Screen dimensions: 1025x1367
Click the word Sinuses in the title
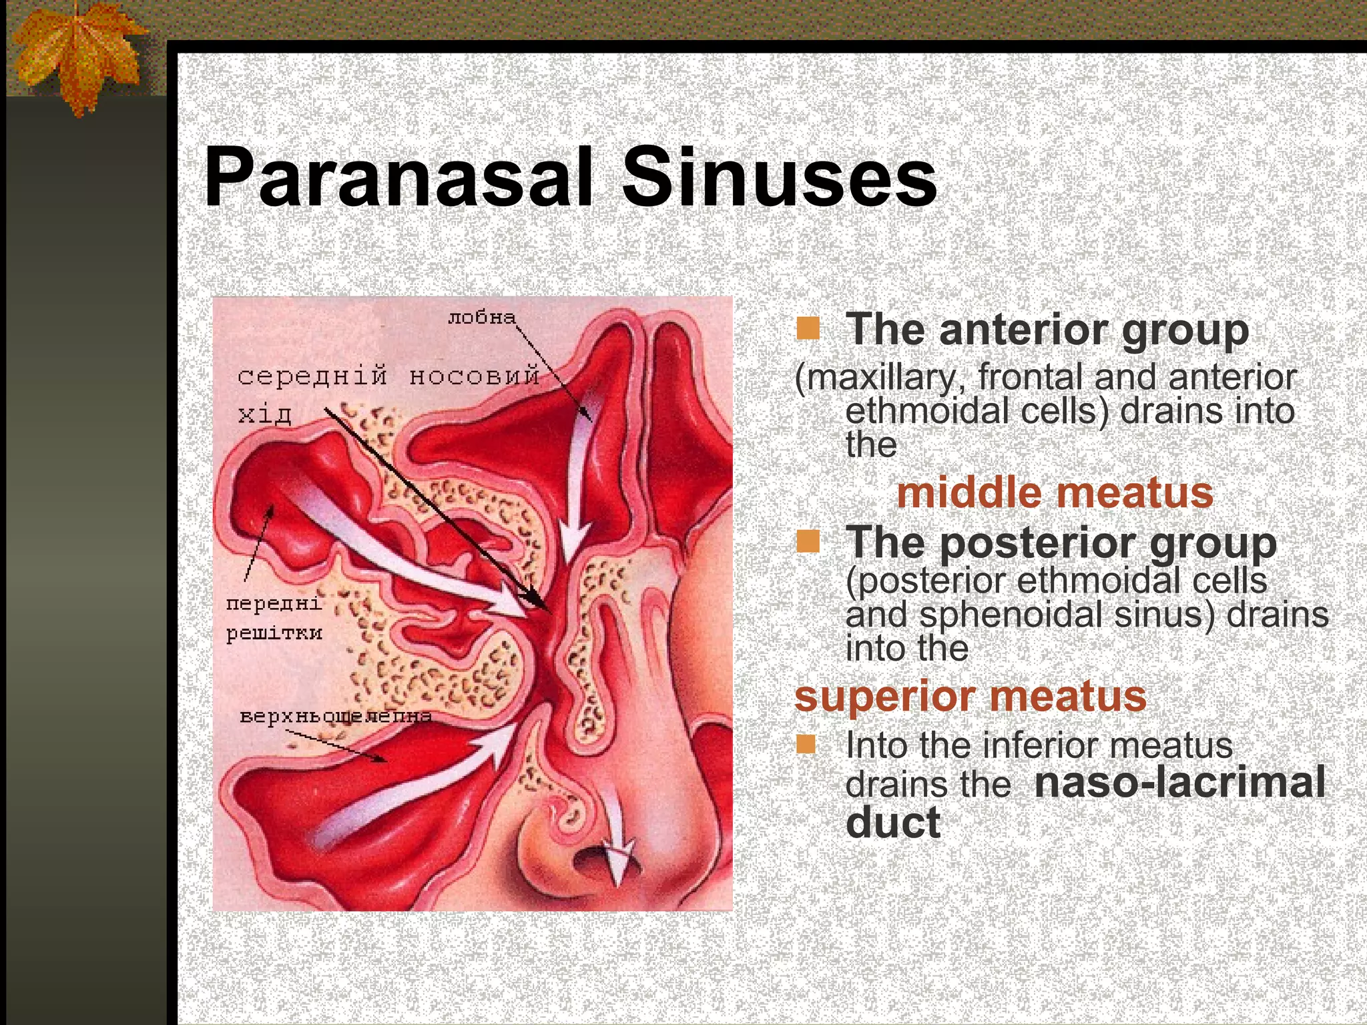click(779, 179)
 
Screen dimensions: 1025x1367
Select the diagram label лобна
click(481, 318)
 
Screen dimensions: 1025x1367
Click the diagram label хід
click(265, 414)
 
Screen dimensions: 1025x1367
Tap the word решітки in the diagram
click(274, 633)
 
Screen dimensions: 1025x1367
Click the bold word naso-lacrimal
click(1179, 782)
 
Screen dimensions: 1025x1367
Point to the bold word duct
click(893, 822)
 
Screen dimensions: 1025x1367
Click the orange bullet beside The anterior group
click(808, 328)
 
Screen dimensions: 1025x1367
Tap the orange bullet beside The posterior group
click(808, 542)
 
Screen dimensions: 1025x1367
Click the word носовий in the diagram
click(474, 376)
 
